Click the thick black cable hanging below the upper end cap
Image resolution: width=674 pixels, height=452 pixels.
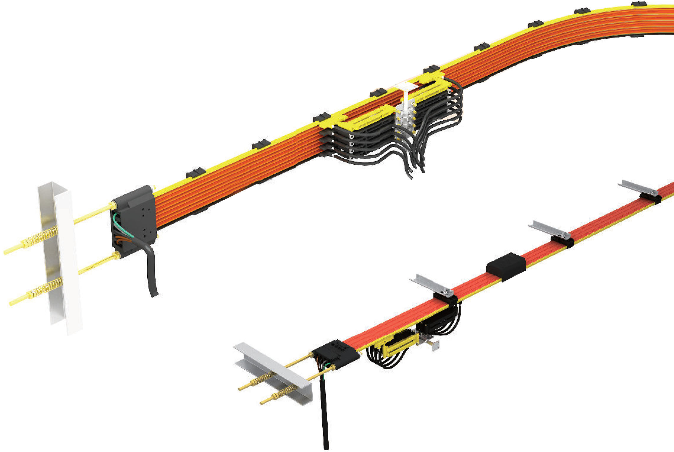[x=152, y=275]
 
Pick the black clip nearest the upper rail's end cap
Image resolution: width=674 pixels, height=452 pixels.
[x=196, y=172]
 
